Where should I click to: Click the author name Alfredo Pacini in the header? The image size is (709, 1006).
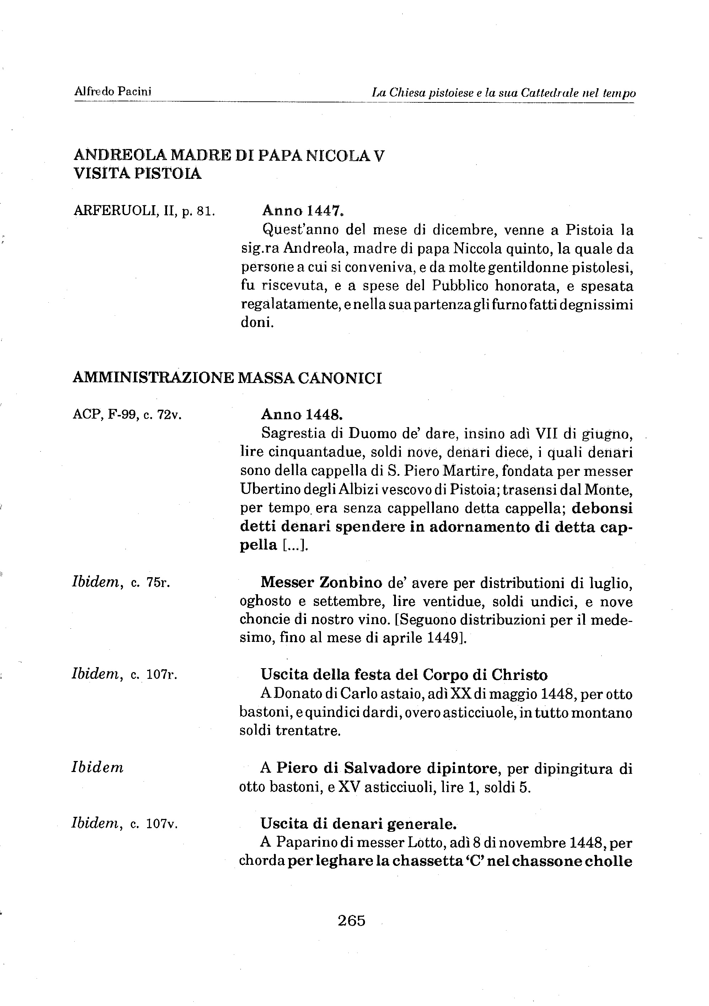tap(113, 92)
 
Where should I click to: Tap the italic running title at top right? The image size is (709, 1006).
tap(504, 93)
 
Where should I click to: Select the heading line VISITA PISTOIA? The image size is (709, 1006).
tap(138, 174)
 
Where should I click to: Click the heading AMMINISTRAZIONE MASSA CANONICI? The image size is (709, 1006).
tap(227, 378)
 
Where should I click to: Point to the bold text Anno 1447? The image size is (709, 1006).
tap(302, 211)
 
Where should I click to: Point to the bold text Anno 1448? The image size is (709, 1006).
tap(302, 414)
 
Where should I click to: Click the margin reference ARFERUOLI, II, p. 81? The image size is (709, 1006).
tap(144, 211)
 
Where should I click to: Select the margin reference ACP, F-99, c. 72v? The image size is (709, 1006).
tap(127, 414)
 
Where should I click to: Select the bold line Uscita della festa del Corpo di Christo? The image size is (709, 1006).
tap(404, 675)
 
